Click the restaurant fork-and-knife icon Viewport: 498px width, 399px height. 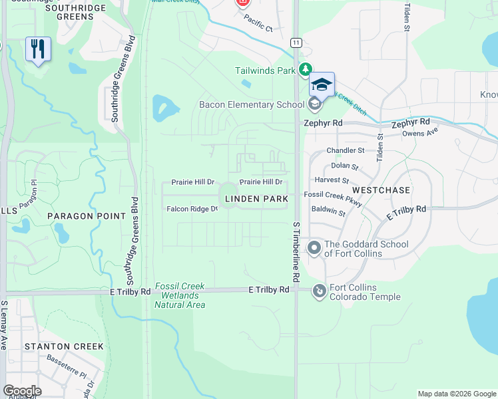pos(38,49)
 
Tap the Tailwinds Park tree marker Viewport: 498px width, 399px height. pos(306,70)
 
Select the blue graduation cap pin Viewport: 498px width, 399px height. pos(322,84)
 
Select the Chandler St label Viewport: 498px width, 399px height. pos(345,151)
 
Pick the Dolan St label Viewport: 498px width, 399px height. pos(344,166)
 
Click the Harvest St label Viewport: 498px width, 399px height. pos(336,180)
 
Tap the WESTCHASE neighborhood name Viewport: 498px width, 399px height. pos(387,190)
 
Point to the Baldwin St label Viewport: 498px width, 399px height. pos(328,213)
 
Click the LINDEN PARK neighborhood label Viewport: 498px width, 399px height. pos(256,199)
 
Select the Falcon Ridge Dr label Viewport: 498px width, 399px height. pos(192,209)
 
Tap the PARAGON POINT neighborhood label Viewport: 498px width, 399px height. pos(87,216)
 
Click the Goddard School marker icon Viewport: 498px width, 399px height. pos(314,248)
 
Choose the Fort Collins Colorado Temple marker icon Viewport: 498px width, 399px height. pos(320,291)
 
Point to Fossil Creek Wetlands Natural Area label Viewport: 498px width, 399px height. pos(180,295)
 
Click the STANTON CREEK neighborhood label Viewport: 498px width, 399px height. pos(64,346)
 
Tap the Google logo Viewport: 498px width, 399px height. pos(22,391)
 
